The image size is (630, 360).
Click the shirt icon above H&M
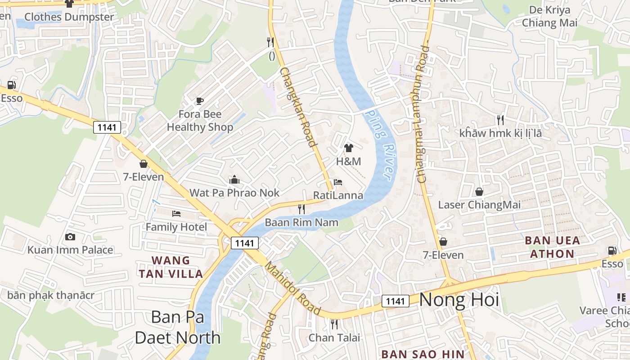click(348, 148)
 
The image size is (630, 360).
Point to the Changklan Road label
click(297, 107)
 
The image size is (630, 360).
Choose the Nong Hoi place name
click(459, 300)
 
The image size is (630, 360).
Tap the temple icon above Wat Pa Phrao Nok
click(234, 180)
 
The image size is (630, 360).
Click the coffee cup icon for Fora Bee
click(200, 101)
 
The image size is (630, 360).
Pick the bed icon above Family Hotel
click(176, 213)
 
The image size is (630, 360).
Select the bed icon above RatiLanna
click(338, 182)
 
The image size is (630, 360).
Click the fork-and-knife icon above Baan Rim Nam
click(301, 209)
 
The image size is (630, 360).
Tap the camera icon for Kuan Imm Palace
click(70, 237)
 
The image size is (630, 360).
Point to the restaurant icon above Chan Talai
click(334, 324)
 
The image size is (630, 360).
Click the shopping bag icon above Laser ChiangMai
click(479, 192)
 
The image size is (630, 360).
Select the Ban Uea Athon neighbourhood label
click(552, 247)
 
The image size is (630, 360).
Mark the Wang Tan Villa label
click(171, 267)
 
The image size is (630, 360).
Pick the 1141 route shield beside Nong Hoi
click(396, 301)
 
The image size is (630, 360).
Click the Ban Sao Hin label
click(422, 354)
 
